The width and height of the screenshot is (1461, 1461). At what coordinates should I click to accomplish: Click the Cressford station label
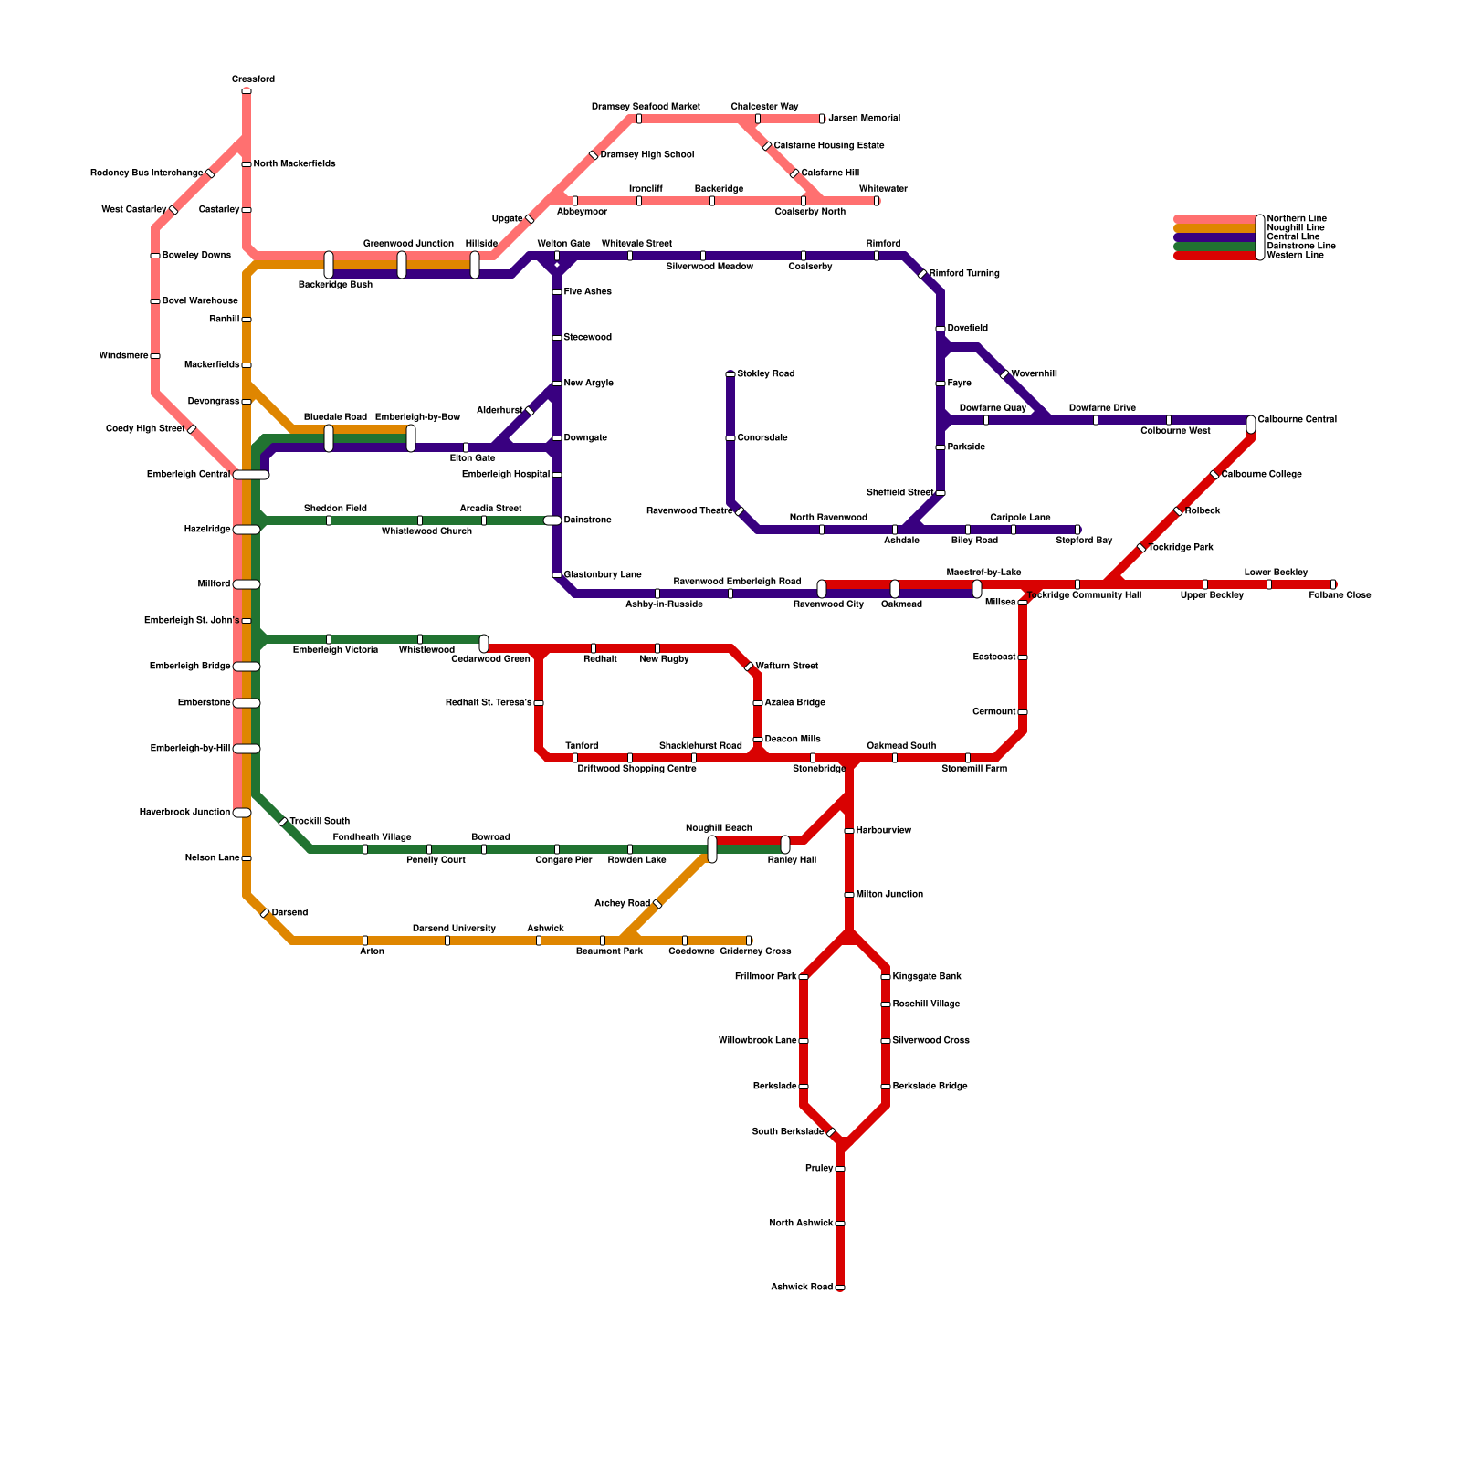[253, 79]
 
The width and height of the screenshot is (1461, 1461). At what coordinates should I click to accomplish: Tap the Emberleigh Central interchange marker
[251, 475]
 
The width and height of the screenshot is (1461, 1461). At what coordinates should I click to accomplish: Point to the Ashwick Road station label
[802, 1288]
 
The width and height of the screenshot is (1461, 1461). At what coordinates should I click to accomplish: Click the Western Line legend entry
[1295, 256]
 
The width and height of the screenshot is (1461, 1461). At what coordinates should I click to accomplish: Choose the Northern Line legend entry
[1297, 219]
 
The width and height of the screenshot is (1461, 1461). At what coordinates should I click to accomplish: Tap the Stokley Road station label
[765, 374]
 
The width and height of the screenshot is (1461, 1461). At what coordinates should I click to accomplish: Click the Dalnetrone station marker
[552, 520]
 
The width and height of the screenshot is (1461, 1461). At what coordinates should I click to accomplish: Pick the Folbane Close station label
[1340, 595]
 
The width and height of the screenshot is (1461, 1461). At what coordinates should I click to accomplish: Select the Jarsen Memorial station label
[864, 119]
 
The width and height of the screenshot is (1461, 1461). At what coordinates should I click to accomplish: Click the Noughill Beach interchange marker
[712, 848]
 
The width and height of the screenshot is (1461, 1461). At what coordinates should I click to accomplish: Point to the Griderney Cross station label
[755, 951]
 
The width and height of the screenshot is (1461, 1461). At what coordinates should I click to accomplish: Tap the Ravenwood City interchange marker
[822, 589]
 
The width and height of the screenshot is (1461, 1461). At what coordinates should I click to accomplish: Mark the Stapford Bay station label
[1084, 541]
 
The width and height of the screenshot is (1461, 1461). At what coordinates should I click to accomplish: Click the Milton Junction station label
[889, 895]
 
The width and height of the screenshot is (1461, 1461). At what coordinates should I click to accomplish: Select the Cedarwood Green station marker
[484, 644]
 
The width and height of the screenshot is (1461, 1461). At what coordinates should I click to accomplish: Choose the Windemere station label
[123, 356]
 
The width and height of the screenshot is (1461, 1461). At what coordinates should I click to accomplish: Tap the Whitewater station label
[883, 189]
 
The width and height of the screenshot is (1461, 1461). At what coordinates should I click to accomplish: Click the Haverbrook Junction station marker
[242, 813]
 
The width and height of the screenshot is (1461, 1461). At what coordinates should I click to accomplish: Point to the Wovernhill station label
[1035, 374]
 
